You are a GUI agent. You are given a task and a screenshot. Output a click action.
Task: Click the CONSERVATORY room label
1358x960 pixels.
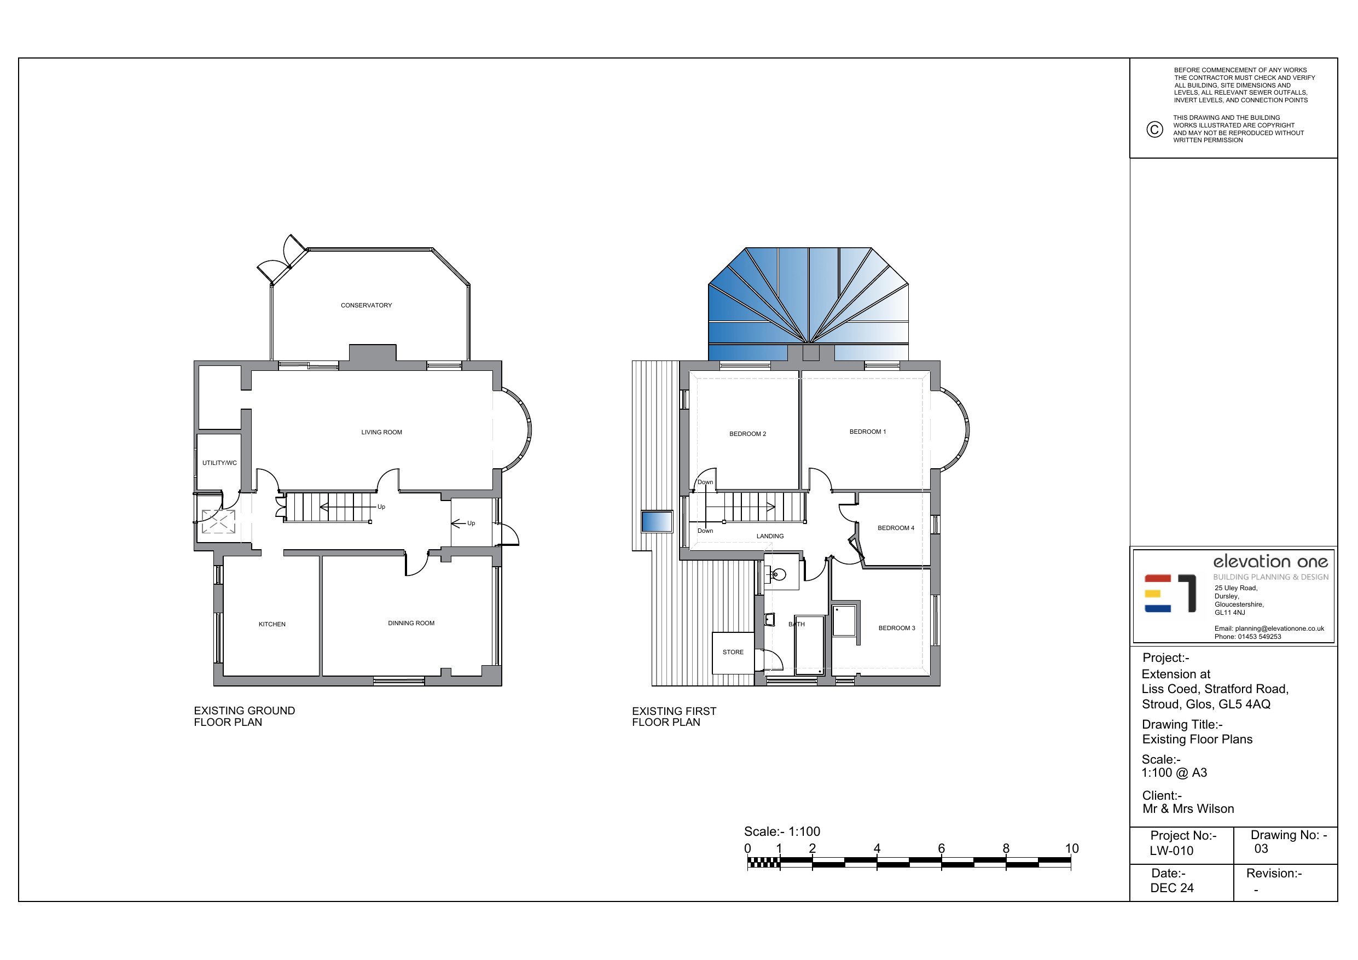[x=366, y=305]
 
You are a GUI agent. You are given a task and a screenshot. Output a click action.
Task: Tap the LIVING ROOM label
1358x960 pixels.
[x=381, y=432]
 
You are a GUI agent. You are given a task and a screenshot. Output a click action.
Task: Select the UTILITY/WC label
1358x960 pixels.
[x=219, y=463]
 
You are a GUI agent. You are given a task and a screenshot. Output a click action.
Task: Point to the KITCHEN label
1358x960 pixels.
[x=272, y=624]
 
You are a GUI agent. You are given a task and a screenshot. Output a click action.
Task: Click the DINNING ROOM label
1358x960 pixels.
[x=411, y=623]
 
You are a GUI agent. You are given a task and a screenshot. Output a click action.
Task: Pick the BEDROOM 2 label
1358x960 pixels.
[x=747, y=434]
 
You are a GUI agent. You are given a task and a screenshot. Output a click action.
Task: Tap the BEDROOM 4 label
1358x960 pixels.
[x=896, y=528]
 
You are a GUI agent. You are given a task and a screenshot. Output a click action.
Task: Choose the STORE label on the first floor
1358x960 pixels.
[x=733, y=652]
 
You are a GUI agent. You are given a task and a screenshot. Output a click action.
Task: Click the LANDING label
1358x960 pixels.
[x=770, y=536]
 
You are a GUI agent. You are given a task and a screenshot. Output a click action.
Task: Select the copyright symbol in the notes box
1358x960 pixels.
[x=1154, y=129]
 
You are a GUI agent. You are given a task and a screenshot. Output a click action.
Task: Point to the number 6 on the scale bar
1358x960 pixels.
[x=941, y=848]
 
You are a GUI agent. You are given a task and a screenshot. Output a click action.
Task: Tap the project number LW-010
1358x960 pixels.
[x=1171, y=851]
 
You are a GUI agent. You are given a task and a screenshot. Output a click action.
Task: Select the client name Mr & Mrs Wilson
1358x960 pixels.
[x=1188, y=808]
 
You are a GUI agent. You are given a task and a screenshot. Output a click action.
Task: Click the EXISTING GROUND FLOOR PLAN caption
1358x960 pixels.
[x=244, y=716]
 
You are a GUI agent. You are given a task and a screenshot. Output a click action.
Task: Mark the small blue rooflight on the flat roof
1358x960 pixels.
[x=657, y=522]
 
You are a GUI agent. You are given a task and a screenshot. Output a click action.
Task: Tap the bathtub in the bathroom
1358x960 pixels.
[x=809, y=645]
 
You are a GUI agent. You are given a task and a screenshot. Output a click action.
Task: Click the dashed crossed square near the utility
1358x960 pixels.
[x=218, y=522]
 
